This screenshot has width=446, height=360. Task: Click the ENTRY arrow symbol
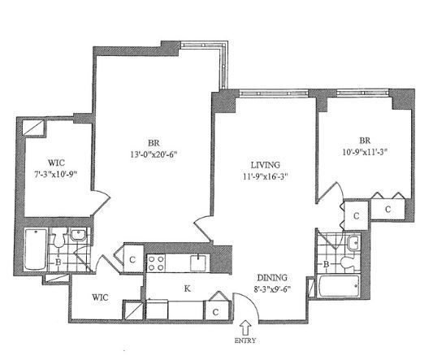pyautogui.click(x=245, y=327)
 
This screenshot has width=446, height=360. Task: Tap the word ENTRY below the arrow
pyautogui.click(x=245, y=340)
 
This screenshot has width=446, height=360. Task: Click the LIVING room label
pyautogui.click(x=265, y=165)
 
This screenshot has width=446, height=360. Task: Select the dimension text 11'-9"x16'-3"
pyautogui.click(x=265, y=176)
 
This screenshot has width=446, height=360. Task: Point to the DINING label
pyautogui.click(x=272, y=277)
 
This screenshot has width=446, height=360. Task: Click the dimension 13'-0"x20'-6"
pyautogui.click(x=154, y=154)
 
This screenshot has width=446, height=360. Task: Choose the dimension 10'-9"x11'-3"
pyautogui.click(x=366, y=152)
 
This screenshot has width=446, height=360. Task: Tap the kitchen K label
pyautogui.click(x=187, y=289)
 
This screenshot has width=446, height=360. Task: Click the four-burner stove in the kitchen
pyautogui.click(x=156, y=263)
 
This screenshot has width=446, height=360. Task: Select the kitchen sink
pyautogui.click(x=198, y=262)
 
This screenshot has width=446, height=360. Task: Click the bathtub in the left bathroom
pyautogui.click(x=35, y=249)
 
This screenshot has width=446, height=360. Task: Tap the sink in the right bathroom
pyautogui.click(x=353, y=242)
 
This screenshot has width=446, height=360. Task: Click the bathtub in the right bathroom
pyautogui.click(x=339, y=286)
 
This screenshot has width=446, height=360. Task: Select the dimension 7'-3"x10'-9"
pyautogui.click(x=56, y=174)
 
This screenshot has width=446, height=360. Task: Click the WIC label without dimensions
pyautogui.click(x=100, y=297)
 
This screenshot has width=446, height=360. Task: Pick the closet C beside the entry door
pyautogui.click(x=215, y=312)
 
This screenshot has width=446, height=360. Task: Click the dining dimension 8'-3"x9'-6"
pyautogui.click(x=272, y=289)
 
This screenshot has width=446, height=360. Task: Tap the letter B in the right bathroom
pyautogui.click(x=327, y=264)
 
